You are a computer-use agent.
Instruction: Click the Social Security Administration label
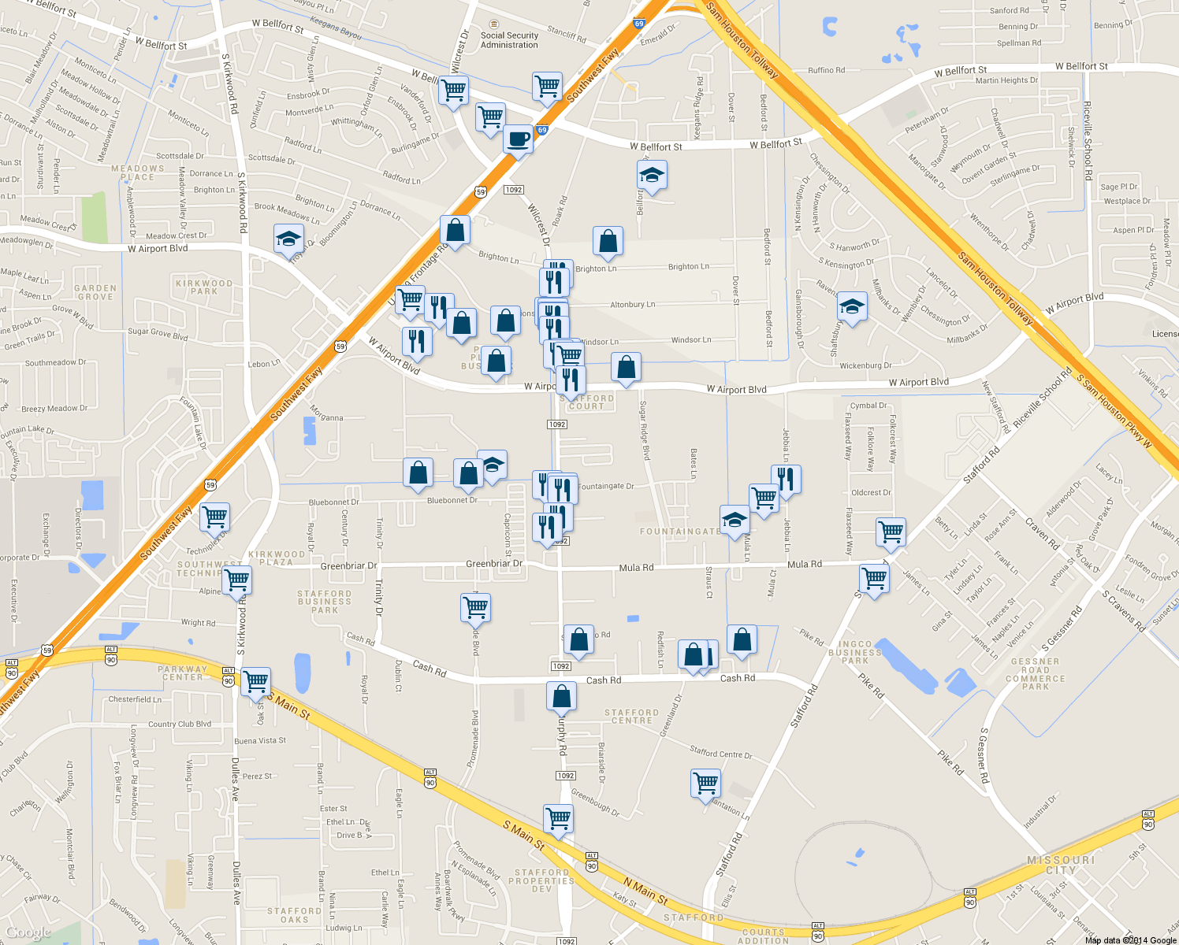509,40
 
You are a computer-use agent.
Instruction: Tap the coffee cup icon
518,139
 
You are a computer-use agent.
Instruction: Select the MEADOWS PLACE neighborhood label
138,172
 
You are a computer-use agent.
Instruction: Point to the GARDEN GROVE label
95,292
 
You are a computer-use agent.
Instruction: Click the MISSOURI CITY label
1061,865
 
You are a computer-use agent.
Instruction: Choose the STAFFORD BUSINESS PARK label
324,602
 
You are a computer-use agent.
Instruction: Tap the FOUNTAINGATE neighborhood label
679,532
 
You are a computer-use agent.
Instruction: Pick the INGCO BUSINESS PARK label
855,652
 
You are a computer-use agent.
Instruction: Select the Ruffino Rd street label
826,70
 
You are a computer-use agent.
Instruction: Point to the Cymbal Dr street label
868,406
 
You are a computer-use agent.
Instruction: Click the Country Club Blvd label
180,724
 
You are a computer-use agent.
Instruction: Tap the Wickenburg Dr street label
865,365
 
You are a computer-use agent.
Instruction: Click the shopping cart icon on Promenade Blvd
475,608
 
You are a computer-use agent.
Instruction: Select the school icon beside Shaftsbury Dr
851,307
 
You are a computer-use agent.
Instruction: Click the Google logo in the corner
28,933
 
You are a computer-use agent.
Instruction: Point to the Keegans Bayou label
336,28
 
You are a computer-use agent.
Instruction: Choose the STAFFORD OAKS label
294,915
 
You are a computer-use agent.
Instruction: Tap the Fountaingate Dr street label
605,486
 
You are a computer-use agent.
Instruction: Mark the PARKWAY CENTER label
183,673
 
